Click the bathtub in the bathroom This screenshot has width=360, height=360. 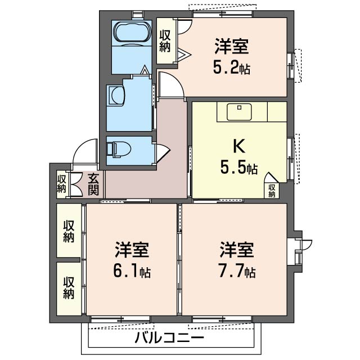click(131, 33)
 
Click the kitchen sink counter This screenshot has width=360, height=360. click(240, 111)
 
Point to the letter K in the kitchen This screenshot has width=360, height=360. click(238, 146)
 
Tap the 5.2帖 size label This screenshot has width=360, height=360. click(231, 68)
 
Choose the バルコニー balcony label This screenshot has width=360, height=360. click(169, 339)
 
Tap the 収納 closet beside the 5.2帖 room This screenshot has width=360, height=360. click(165, 40)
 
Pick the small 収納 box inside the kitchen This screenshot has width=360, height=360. click(272, 190)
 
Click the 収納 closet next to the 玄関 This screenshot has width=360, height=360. click(61, 184)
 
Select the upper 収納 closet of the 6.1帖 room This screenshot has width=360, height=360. click(69, 231)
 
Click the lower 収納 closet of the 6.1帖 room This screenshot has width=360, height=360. click(69, 287)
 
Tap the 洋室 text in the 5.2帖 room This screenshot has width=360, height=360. click(231, 46)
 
